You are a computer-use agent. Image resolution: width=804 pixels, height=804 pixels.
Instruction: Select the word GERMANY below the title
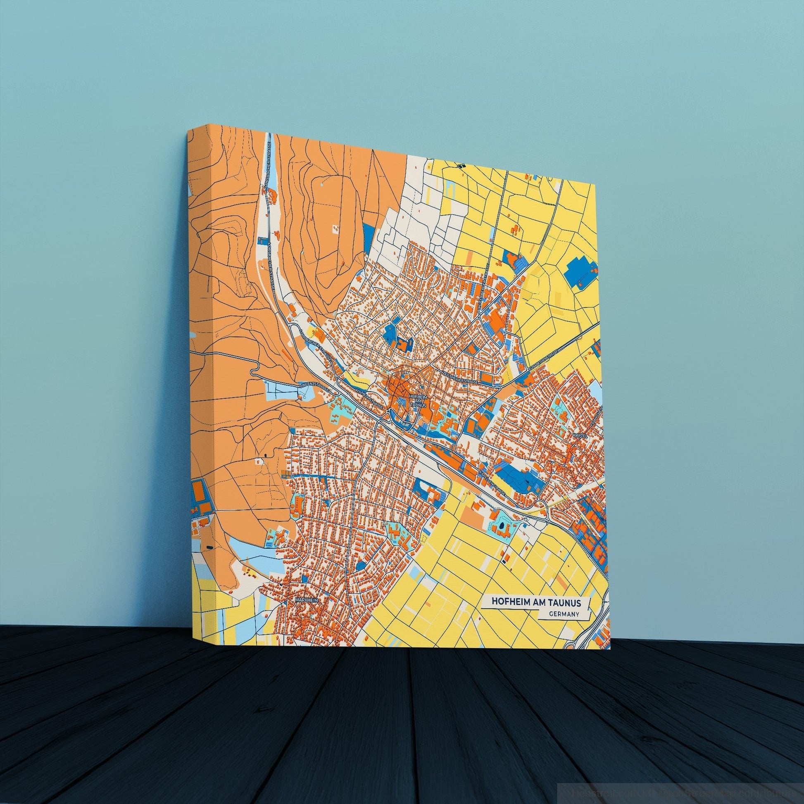pos(564,614)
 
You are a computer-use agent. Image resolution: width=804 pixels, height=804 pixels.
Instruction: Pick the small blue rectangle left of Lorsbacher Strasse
pos(262,240)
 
